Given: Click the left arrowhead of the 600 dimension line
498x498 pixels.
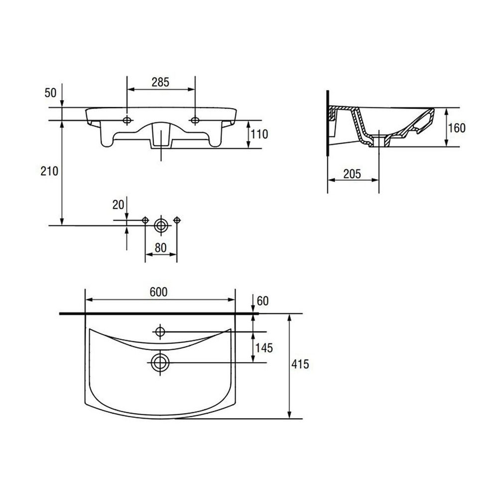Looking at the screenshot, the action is click(x=89, y=299).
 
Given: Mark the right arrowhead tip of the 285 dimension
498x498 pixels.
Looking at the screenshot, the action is click(x=195, y=89).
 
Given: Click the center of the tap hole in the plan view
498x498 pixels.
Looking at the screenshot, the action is click(x=160, y=332).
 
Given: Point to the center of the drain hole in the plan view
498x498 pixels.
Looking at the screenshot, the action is click(x=160, y=363).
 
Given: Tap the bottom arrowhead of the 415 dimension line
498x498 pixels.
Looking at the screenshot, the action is click(x=289, y=415).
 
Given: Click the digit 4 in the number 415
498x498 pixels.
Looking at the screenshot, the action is click(x=294, y=364).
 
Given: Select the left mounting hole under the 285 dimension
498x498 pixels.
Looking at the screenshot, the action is click(x=127, y=120).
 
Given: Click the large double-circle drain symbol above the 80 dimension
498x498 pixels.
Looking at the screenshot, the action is click(x=161, y=226).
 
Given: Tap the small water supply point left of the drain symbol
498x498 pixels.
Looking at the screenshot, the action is click(x=145, y=220).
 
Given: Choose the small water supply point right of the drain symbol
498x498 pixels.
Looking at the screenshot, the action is click(x=177, y=220).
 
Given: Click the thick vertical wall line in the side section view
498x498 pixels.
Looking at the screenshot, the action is click(x=327, y=123).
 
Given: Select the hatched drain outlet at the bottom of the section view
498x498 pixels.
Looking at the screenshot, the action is click(x=379, y=141).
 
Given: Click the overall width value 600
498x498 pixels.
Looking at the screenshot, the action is click(x=158, y=292).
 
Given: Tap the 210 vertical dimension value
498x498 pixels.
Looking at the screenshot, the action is click(x=49, y=171).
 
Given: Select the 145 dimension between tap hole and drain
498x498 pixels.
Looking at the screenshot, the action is click(x=264, y=348).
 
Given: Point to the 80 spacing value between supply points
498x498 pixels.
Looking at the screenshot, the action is click(x=160, y=248).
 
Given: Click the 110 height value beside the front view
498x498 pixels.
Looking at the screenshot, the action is click(x=259, y=134).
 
